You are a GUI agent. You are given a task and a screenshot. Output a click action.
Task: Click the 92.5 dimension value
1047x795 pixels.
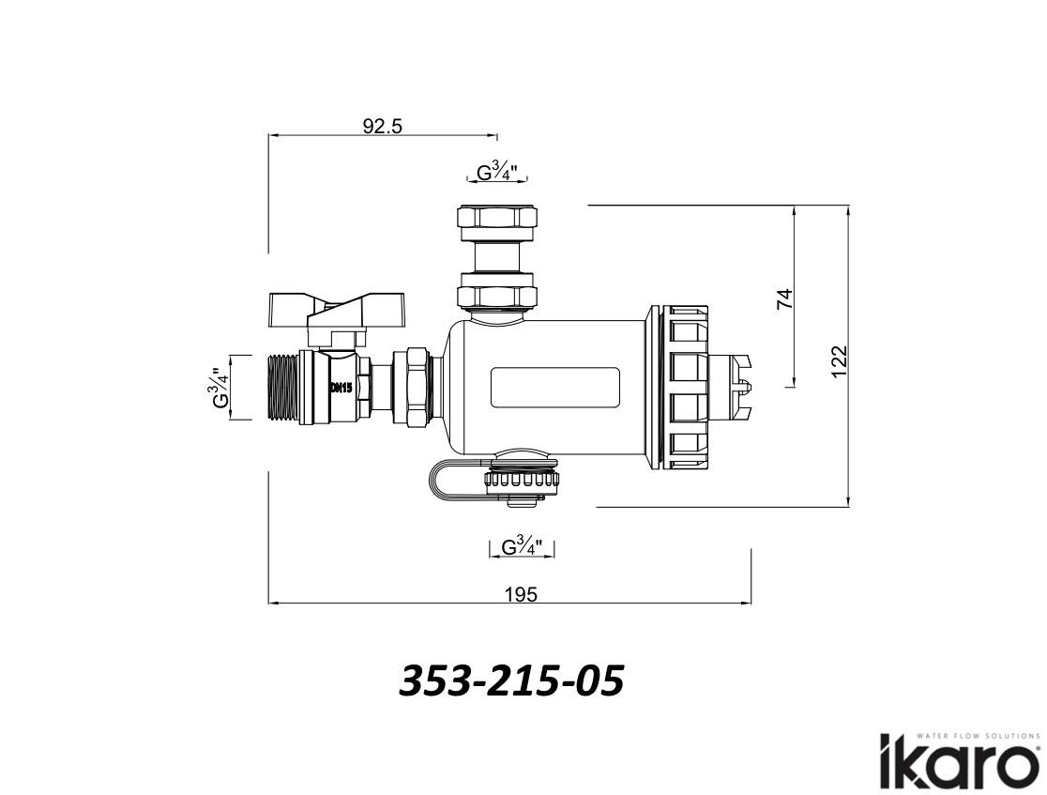click(x=383, y=127)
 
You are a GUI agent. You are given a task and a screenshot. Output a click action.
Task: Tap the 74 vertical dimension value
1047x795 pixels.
click(x=786, y=298)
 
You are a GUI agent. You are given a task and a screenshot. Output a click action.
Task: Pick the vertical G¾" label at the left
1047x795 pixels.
click(x=219, y=388)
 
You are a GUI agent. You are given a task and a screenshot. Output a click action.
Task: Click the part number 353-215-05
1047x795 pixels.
click(x=511, y=680)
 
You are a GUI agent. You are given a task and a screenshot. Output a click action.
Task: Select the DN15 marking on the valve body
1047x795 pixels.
click(x=340, y=389)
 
